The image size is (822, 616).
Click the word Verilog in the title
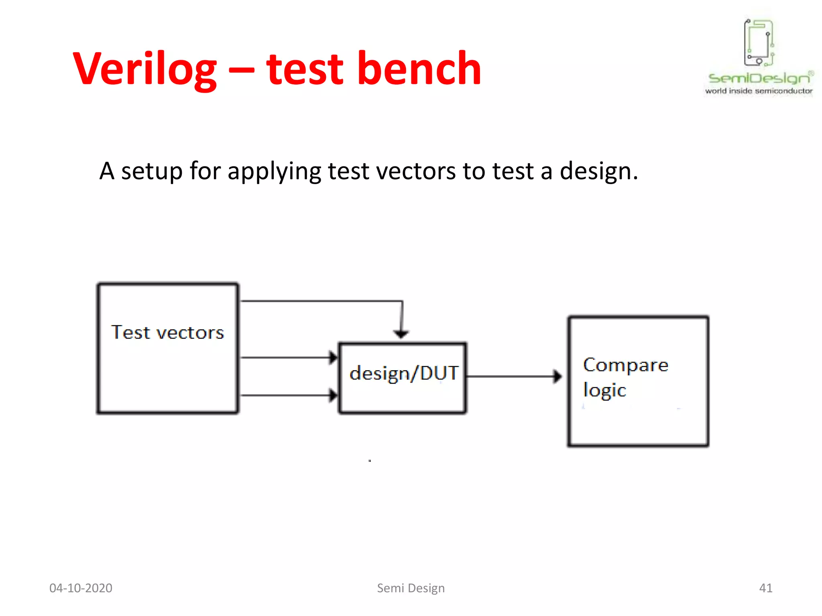coord(144,69)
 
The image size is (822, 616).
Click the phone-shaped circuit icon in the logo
coord(759,43)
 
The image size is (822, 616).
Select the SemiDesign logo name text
coord(759,78)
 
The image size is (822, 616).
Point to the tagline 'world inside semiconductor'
coord(759,91)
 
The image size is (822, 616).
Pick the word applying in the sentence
coord(274,172)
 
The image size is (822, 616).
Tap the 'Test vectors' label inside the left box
coord(167,332)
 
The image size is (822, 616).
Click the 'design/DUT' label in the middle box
coord(403,373)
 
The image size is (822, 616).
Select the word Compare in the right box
coord(625,365)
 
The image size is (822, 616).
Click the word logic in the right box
coord(604,390)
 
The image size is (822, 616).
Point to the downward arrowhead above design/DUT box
coord(401,334)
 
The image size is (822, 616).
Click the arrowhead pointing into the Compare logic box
coord(557,377)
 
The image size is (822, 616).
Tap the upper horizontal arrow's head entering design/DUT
coord(333,357)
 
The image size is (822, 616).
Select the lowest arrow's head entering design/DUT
coord(333,395)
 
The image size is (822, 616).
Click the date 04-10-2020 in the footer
coord(81,588)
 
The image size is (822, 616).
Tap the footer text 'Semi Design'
coord(411,588)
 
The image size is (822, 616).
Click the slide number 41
coord(765,588)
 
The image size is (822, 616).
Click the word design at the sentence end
coord(598,172)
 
